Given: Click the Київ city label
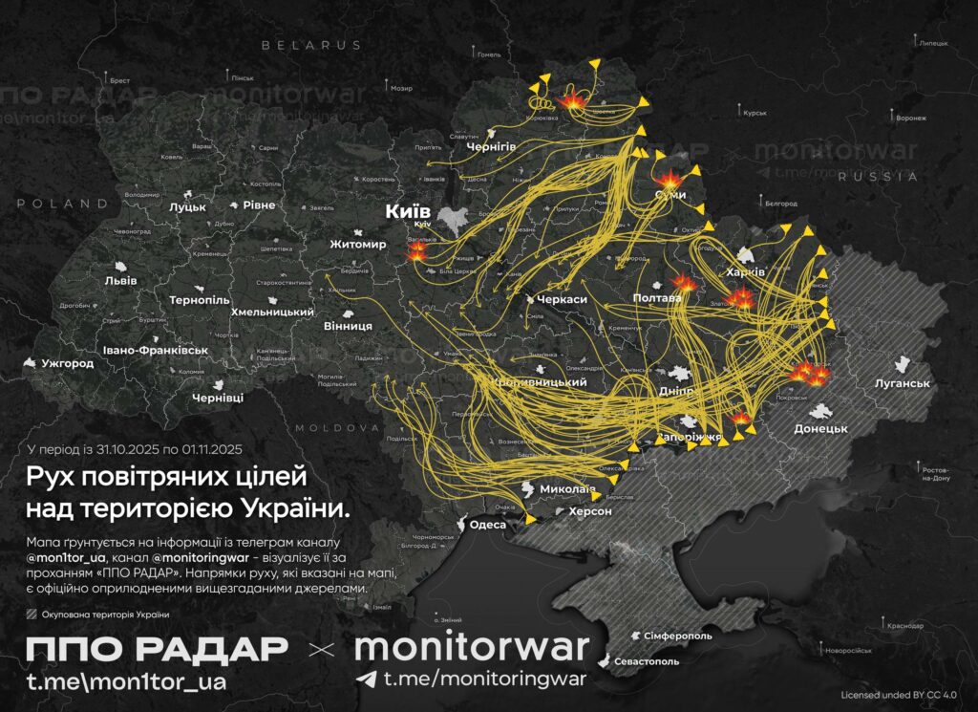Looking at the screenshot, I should (x=408, y=210).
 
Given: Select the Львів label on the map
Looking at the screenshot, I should (x=120, y=280).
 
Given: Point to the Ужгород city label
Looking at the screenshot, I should (x=67, y=364).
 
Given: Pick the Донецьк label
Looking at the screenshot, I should (x=820, y=428).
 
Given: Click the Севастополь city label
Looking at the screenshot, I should (x=646, y=660).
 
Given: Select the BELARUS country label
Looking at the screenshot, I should (x=311, y=45).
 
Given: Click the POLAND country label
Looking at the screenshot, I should (x=55, y=204).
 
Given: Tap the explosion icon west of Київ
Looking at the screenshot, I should (x=417, y=251).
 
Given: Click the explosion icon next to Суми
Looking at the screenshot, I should (x=668, y=180).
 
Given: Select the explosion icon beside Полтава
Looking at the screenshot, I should (x=684, y=283).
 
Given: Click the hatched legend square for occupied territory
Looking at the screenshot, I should (x=32, y=615).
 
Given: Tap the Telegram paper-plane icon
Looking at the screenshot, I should (x=366, y=679).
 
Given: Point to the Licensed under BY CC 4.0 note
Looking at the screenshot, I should (x=898, y=695).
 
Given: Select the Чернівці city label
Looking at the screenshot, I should (x=218, y=397).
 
